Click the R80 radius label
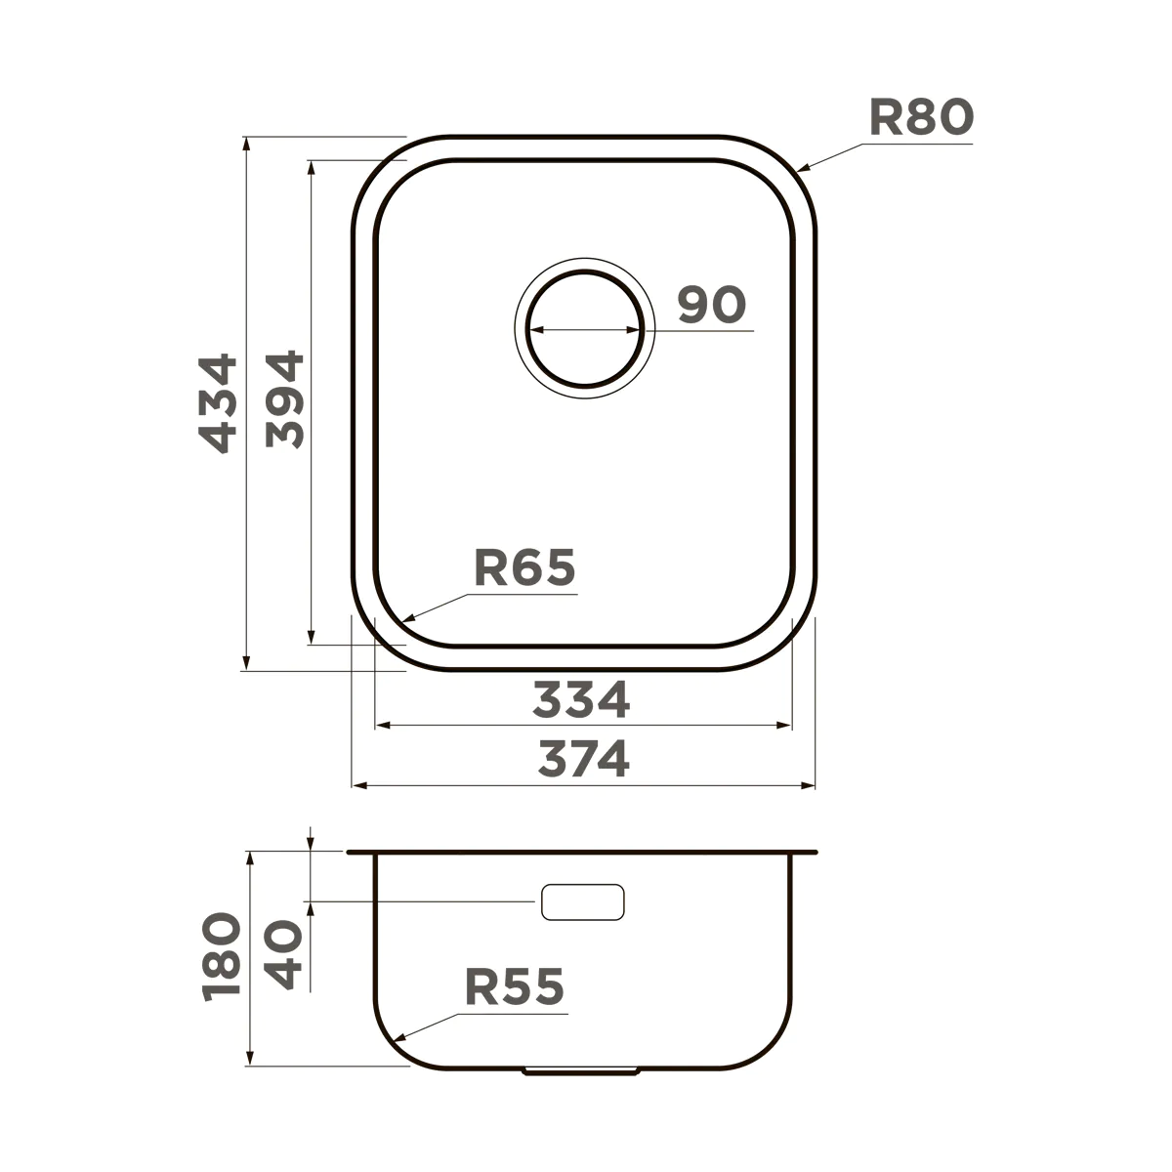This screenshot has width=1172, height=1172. tap(921, 117)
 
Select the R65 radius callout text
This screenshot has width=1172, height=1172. tap(524, 567)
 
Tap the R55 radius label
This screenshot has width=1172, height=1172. tap(515, 987)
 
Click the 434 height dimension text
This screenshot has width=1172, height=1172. tap(218, 403)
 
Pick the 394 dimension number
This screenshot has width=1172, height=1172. tap(284, 399)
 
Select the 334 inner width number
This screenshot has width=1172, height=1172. tap(581, 699)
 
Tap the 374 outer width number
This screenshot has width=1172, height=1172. tap(584, 759)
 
